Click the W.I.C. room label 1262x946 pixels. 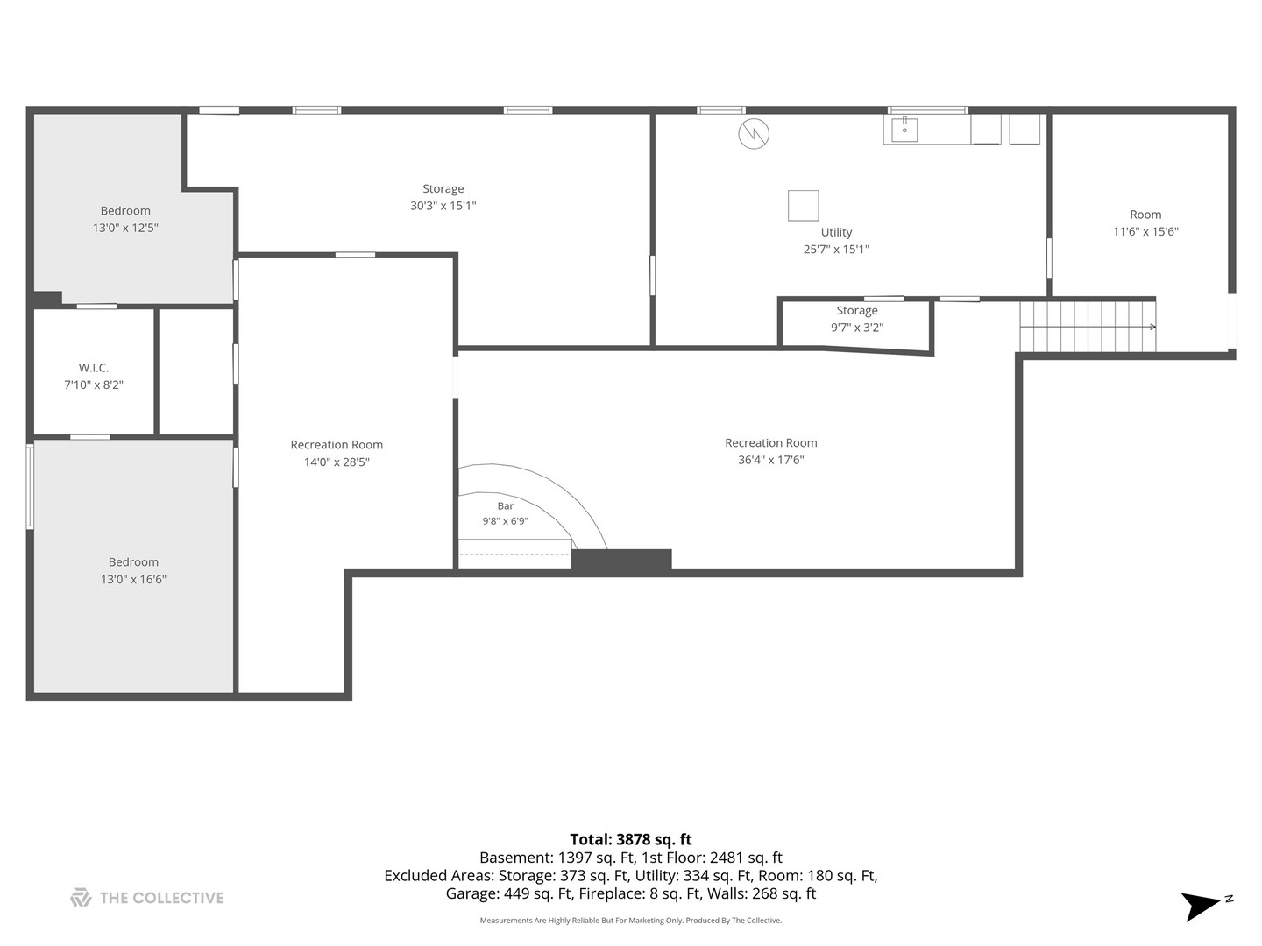93,368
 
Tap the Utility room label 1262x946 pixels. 836,232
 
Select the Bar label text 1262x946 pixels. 506,505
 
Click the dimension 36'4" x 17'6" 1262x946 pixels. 771,460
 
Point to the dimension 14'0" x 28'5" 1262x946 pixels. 337,462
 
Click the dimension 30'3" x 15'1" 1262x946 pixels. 443,206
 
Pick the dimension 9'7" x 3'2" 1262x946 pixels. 856,328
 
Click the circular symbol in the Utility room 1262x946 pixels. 754,134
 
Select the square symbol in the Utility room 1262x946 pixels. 803,206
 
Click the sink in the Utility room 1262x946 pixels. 904,130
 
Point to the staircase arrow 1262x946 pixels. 1088,327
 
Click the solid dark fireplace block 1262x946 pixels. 621,560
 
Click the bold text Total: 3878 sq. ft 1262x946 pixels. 631,840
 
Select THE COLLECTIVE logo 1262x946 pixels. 147,898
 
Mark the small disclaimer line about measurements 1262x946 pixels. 631,920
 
